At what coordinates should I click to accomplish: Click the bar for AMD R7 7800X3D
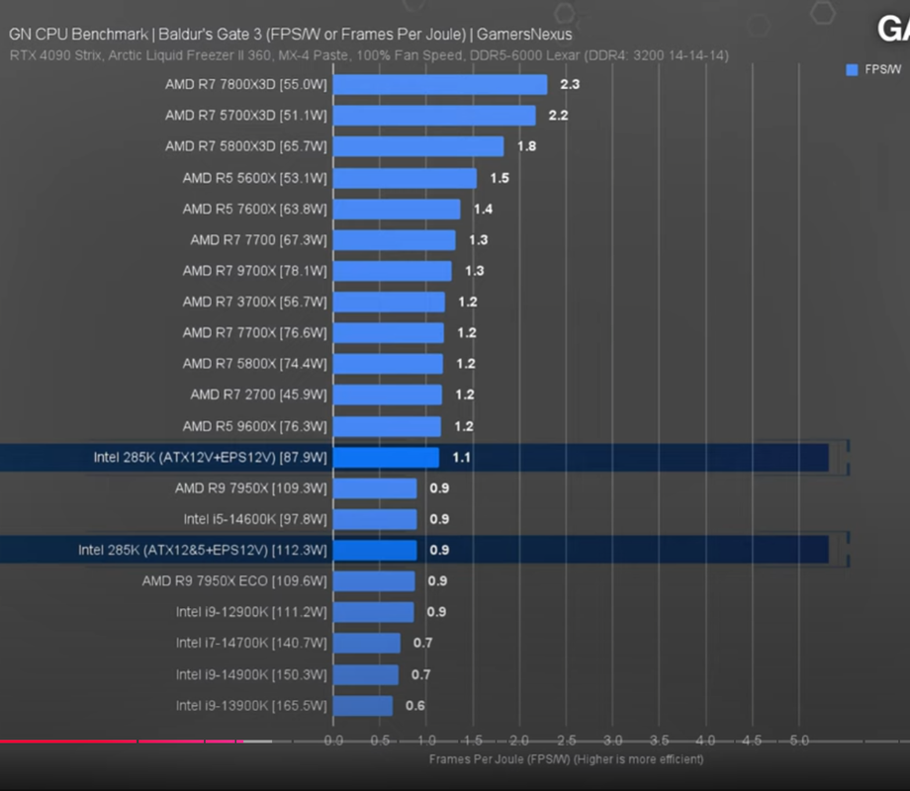click(440, 85)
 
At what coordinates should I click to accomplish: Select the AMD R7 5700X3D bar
click(434, 116)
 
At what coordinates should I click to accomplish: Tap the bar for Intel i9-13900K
click(363, 706)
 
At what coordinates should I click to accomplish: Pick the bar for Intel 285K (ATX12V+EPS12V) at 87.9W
click(386, 458)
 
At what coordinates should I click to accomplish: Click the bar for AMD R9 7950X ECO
click(374, 581)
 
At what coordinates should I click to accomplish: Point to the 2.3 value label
click(570, 85)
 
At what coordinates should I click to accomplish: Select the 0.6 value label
click(415, 706)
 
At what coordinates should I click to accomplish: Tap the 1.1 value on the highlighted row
click(461, 458)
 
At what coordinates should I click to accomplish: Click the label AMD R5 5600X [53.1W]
click(254, 178)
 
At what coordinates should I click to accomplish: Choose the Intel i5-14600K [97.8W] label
click(254, 519)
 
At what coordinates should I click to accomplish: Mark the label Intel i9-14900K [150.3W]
click(251, 674)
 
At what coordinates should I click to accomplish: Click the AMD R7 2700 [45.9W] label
click(258, 395)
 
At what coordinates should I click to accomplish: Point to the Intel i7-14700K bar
click(367, 644)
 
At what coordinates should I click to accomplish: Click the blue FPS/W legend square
click(851, 69)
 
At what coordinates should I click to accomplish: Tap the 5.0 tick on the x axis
click(799, 741)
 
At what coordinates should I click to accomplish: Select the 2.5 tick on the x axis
click(566, 741)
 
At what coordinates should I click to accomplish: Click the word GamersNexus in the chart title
click(525, 35)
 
